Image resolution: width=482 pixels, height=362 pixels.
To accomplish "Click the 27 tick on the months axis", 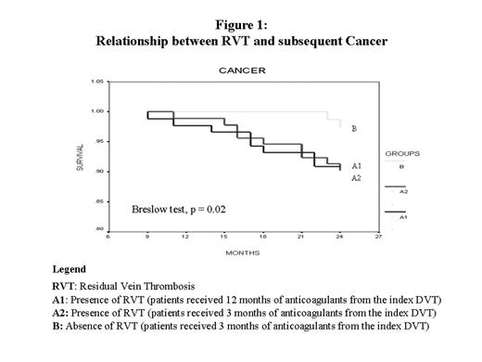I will point(378,236).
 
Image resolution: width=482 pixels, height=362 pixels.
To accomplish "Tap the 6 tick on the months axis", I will point(110,236).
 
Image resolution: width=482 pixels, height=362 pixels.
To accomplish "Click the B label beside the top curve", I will point(354,130).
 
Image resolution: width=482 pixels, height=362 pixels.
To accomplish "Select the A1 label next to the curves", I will point(356,165).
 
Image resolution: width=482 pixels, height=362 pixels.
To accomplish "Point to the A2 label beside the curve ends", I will point(356,177).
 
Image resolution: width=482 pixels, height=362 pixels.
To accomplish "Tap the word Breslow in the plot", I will point(149,210).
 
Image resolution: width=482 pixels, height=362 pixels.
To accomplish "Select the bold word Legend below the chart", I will point(69,269).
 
